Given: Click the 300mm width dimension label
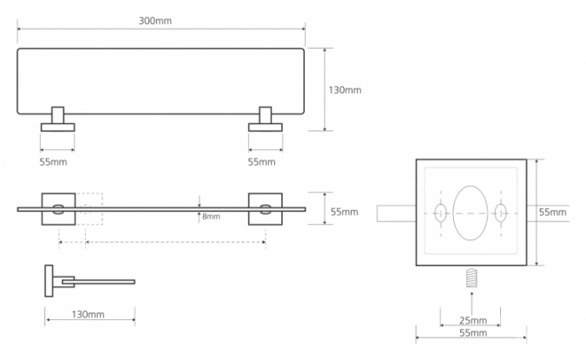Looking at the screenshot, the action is coord(155,21).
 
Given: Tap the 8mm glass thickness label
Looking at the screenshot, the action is coord(211,217).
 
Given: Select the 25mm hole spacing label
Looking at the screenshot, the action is coord(473,320).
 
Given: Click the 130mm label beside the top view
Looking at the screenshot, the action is coord(345,90).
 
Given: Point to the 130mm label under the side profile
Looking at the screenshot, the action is coord(88,314).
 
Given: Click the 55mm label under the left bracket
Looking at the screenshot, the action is coord(54,162).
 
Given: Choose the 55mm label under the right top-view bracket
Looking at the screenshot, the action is coord(261,162).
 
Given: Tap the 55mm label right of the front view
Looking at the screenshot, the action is coord(344,213).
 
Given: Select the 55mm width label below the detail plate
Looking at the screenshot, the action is coord(473,333).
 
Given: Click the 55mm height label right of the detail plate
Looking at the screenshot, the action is coord(552,213).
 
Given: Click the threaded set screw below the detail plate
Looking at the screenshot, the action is coord(472,278).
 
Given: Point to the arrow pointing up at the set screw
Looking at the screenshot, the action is coord(472,304).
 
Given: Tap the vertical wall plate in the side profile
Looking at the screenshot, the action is coord(49,281).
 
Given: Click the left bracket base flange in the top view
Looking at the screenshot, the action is coord(57,128).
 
